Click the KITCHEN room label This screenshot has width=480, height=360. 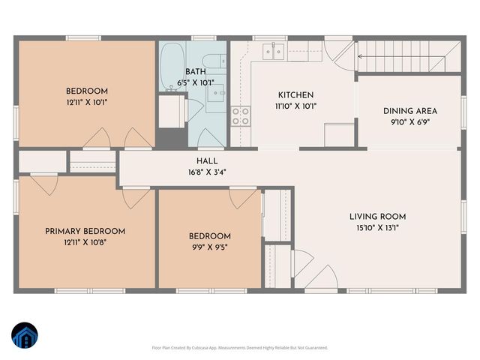pyautogui.click(x=295, y=95)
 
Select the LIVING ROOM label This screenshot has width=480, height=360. pyautogui.click(x=377, y=217)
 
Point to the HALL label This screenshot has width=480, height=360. pyautogui.click(x=207, y=160)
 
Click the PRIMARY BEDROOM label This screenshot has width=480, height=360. pyautogui.click(x=85, y=231)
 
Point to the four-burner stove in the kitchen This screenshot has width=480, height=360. pyautogui.click(x=241, y=115)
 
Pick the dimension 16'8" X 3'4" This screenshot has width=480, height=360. pyautogui.click(x=207, y=172)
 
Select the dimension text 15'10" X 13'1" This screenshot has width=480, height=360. pyautogui.click(x=377, y=227)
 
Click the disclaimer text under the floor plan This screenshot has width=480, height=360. pyautogui.click(x=239, y=347)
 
